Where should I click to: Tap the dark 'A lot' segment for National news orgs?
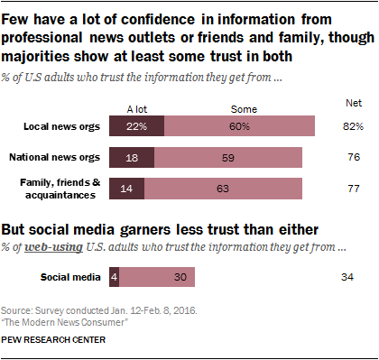pyautogui.click(x=131, y=158)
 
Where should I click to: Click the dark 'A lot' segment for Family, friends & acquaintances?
pyautogui.click(x=126, y=189)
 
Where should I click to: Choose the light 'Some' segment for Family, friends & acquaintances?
pyautogui.click(x=230, y=189)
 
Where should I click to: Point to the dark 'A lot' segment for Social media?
pyautogui.click(x=114, y=277)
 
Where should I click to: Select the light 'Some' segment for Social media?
pyautogui.click(x=157, y=277)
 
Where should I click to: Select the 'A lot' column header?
pyautogui.click(x=136, y=108)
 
